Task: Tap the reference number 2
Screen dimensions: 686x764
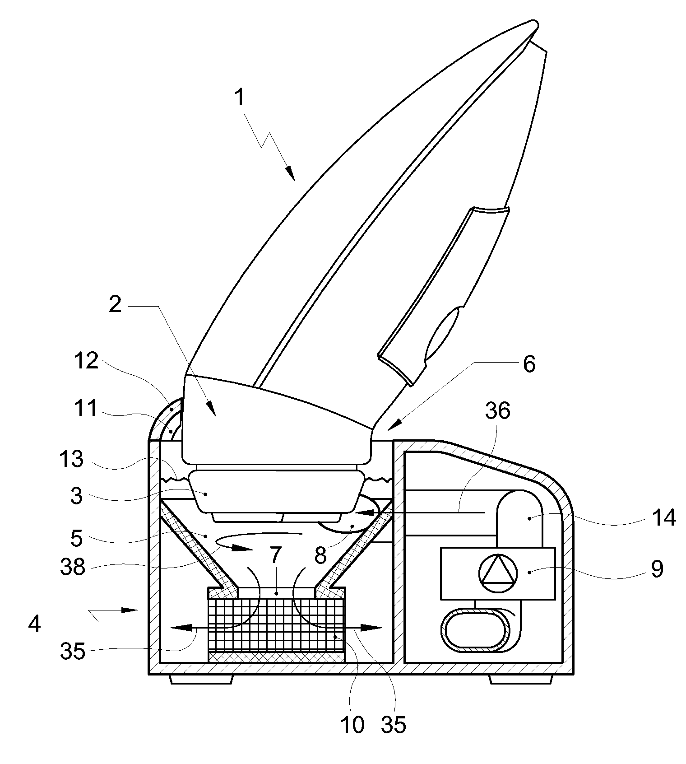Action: [116, 305]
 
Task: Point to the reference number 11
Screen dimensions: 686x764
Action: [86, 409]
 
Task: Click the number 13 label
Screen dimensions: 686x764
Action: [72, 460]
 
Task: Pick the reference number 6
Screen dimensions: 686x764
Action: [529, 363]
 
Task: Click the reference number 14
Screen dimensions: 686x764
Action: [663, 517]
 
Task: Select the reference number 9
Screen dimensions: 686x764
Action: [657, 569]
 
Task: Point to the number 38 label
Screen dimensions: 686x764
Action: [73, 567]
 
